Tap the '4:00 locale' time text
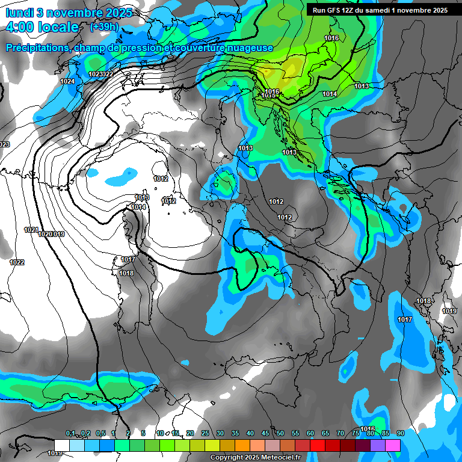pyautogui.click(x=42, y=27)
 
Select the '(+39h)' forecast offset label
pyautogui.click(x=104, y=26)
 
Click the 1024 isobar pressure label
pyautogui.click(x=67, y=81)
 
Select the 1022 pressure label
pyautogui.click(x=17, y=262)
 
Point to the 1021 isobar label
pyautogui.click(x=31, y=230)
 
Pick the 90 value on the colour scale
pyautogui.click(x=400, y=433)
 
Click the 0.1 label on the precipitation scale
pyautogui.click(x=70, y=433)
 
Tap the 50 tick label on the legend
pyautogui.click(x=280, y=433)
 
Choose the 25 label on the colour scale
pyautogui.click(x=205, y=433)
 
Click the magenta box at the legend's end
pyautogui.click(x=393, y=445)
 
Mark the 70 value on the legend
pyautogui.click(x=340, y=433)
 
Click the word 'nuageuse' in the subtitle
pyautogui.click(x=250, y=48)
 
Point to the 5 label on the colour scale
pyautogui.click(x=143, y=433)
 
